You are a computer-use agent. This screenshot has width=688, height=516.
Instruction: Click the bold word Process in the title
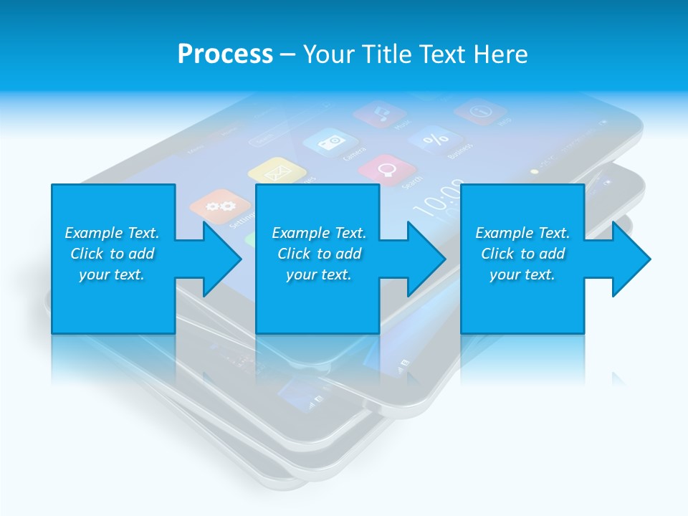(x=225, y=54)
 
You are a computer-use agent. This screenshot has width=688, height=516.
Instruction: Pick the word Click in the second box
(x=295, y=254)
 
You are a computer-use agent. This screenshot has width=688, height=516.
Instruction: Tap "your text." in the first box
(x=112, y=274)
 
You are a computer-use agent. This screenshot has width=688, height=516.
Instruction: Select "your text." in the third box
(x=522, y=274)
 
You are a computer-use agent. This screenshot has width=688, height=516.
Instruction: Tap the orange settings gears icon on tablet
(x=214, y=206)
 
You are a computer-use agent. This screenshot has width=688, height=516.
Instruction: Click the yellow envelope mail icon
(x=277, y=172)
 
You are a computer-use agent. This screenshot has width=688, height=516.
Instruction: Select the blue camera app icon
(x=330, y=141)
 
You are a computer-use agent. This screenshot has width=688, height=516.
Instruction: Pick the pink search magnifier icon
(x=388, y=169)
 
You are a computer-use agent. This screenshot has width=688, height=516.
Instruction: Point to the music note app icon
(x=381, y=113)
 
